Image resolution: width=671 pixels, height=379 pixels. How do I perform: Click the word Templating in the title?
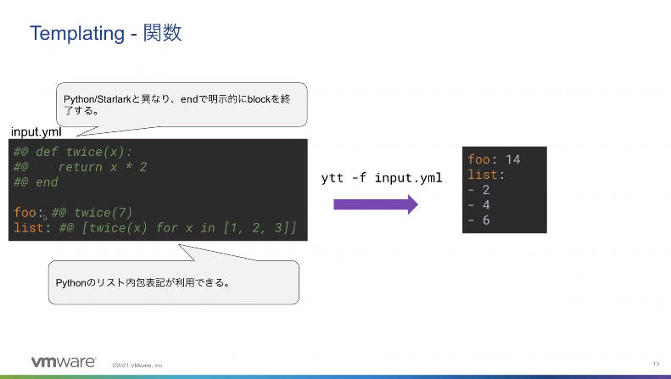click(x=77, y=34)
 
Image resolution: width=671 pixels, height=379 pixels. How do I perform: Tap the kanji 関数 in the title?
click(x=162, y=32)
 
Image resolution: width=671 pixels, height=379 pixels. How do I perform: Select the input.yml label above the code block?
click(x=36, y=132)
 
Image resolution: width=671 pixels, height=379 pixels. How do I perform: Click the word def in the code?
click(x=47, y=152)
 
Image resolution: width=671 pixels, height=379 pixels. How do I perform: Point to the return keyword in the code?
click(x=81, y=167)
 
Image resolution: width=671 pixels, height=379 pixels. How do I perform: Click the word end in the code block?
click(x=47, y=182)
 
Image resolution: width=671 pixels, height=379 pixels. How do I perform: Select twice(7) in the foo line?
click(x=103, y=213)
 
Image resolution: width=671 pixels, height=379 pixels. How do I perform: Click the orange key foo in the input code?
click(x=25, y=213)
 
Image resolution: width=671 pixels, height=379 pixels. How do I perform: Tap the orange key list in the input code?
click(x=29, y=227)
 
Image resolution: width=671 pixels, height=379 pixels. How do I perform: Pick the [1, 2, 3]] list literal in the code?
click(x=260, y=227)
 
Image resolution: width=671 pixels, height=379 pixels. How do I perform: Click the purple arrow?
click(x=376, y=204)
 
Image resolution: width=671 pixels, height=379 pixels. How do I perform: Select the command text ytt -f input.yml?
click(x=382, y=178)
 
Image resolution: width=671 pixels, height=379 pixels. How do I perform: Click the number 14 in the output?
click(x=512, y=159)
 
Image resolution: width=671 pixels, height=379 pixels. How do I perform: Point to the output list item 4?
click(x=486, y=205)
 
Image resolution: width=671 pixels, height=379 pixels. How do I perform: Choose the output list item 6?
click(x=486, y=220)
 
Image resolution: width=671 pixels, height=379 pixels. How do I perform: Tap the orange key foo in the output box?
click(x=478, y=159)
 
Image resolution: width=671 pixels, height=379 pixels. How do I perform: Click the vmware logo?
click(x=64, y=362)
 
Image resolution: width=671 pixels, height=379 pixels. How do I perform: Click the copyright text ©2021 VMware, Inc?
click(x=137, y=365)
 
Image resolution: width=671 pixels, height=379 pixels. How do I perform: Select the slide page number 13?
click(x=656, y=364)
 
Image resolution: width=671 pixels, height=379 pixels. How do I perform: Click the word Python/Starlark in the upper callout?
click(x=98, y=100)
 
